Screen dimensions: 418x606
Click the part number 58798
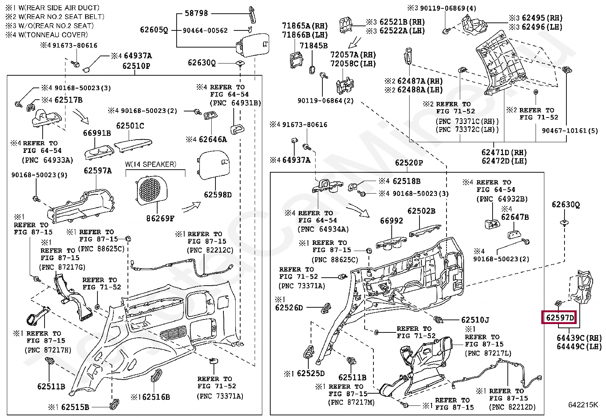(196, 13)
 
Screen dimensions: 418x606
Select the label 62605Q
(154, 30)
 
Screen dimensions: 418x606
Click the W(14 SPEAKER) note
(151, 164)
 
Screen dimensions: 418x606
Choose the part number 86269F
(160, 218)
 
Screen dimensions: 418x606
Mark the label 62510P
(136, 66)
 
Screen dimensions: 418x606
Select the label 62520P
(409, 163)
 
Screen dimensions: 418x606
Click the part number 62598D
(217, 195)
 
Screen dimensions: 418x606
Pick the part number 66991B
(97, 133)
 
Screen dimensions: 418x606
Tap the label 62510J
(475, 320)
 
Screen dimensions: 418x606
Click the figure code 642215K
(584, 405)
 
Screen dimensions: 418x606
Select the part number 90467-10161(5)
(570, 131)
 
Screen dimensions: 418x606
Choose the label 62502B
(421, 211)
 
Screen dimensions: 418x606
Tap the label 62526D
(289, 307)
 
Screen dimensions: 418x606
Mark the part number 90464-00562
(205, 30)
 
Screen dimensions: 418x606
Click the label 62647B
(515, 217)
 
